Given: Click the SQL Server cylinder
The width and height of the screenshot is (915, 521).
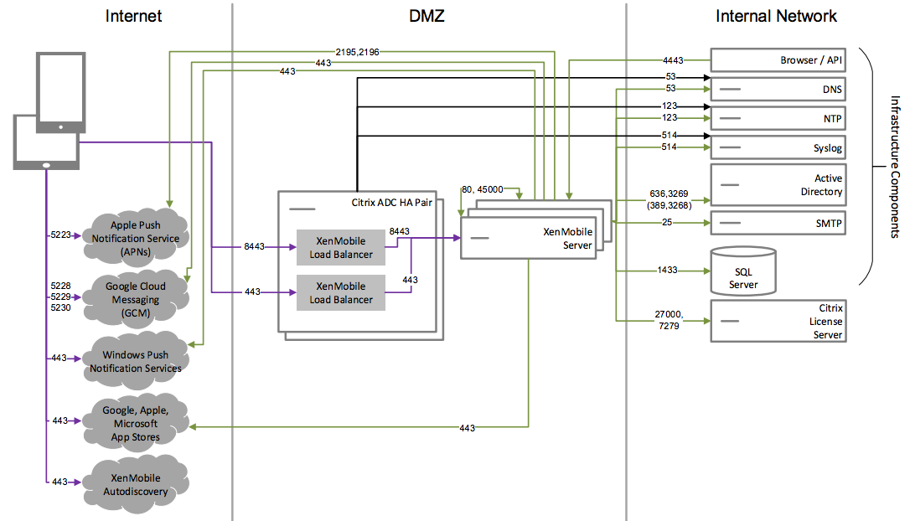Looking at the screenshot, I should click(742, 271).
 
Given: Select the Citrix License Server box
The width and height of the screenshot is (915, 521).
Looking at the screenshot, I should click(777, 322).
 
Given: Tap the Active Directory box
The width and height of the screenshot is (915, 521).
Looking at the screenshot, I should click(777, 185).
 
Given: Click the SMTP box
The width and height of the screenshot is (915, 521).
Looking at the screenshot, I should click(777, 224).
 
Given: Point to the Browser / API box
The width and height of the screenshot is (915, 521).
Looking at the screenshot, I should click(777, 60).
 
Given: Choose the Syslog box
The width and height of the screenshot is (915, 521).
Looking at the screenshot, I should click(777, 148).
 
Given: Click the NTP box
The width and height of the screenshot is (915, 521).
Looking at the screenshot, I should click(777, 118).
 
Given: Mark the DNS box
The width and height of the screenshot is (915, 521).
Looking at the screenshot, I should click(777, 89).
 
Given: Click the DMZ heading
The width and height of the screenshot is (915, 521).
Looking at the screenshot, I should click(429, 16).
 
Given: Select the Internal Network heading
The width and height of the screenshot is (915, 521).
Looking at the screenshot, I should click(776, 16).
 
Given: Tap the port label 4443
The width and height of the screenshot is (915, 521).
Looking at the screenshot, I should click(672, 60).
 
